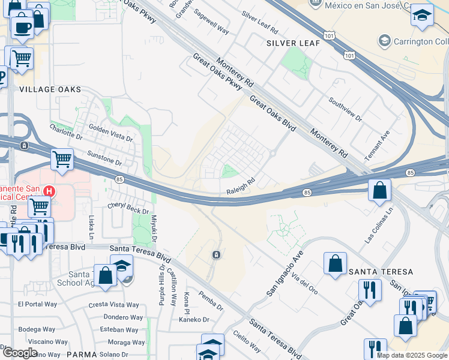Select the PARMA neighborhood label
point(82,355)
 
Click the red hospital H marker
point(50,192)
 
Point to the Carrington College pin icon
point(384,41)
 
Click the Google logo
point(19,352)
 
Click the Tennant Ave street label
point(381,142)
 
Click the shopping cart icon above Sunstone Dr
point(62,160)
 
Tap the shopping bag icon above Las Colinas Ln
point(379,191)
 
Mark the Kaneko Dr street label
point(193,320)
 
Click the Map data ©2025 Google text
point(412,355)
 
